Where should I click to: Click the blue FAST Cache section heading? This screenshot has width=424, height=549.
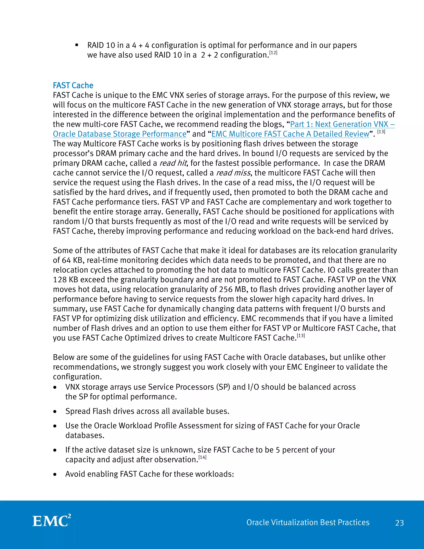73,86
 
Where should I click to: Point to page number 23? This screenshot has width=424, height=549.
399,523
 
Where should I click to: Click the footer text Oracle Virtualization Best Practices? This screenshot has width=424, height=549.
308,522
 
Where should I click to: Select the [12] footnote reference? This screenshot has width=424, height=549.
273,53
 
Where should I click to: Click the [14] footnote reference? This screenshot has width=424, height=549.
202,457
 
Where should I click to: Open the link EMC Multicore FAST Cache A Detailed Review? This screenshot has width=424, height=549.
290,134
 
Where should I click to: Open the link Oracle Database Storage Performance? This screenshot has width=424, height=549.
120,134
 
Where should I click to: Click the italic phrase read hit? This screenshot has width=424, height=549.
173,163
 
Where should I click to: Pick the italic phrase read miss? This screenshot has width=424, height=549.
233,173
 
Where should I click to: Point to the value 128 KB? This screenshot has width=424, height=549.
65,279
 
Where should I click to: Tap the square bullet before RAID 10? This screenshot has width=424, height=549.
77,45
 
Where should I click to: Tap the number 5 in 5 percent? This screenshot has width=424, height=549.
278,450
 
